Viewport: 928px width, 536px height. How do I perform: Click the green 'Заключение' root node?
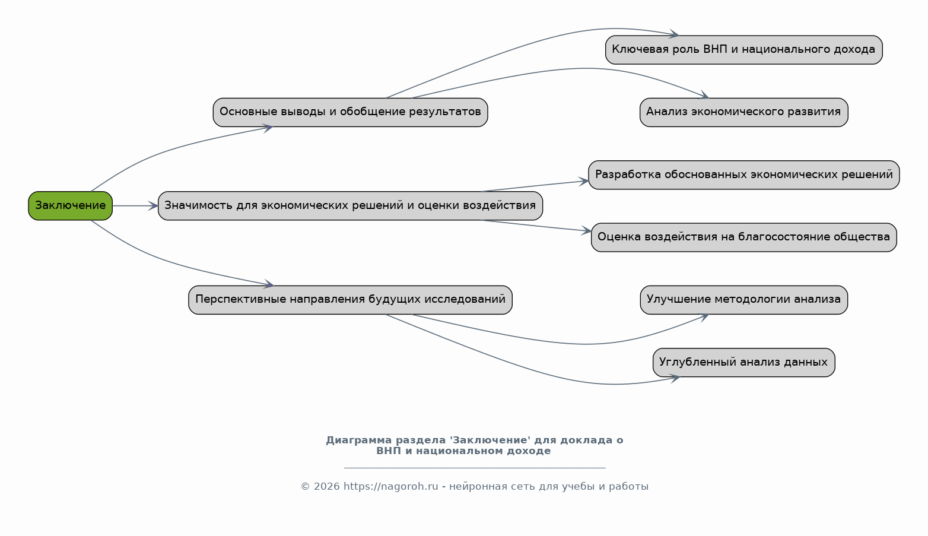[x=70, y=205]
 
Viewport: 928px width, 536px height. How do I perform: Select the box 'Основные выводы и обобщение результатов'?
[x=350, y=112]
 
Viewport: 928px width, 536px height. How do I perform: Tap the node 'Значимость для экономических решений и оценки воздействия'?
[x=350, y=205]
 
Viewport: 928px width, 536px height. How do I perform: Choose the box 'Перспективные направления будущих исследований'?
[x=350, y=300]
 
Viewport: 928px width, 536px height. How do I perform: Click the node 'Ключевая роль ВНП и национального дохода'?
[x=743, y=50]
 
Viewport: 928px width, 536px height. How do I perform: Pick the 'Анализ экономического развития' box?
[x=743, y=112]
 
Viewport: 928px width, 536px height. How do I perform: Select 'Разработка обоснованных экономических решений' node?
[x=743, y=175]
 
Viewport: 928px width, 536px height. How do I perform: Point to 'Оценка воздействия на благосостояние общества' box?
[x=743, y=237]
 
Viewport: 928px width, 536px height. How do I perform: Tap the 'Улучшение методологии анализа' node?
[x=743, y=300]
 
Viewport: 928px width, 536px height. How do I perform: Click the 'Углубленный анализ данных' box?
[x=743, y=362]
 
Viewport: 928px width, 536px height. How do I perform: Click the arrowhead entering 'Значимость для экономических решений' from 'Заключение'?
[x=153, y=206]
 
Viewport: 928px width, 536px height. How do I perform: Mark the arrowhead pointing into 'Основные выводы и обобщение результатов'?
[x=268, y=127]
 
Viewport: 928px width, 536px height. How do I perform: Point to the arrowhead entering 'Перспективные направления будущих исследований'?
[x=268, y=286]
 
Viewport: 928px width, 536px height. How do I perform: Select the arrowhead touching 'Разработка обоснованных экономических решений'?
[x=584, y=181]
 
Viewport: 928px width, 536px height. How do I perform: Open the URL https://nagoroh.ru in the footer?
[x=390, y=487]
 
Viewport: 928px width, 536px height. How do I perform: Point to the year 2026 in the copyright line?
[x=327, y=487]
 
